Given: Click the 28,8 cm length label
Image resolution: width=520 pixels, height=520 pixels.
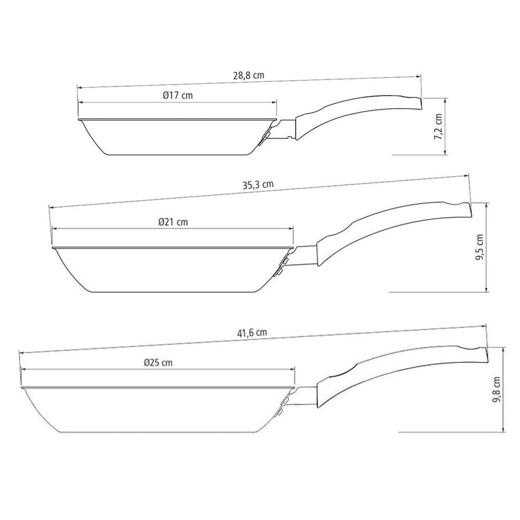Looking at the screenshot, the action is [249, 75].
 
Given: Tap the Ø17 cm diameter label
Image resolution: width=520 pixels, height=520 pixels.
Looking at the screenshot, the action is [178, 96].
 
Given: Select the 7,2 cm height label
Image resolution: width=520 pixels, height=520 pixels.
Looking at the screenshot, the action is [438, 126].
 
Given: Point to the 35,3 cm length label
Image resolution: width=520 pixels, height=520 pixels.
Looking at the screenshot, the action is [258, 185].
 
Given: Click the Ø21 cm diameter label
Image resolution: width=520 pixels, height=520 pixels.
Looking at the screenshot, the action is [173, 222].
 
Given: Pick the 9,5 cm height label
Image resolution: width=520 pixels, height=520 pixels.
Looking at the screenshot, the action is [479, 247].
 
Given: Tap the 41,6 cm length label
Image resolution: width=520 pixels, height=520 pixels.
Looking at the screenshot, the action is [252, 333].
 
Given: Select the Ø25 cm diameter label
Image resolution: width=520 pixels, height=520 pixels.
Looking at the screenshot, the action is [158, 362].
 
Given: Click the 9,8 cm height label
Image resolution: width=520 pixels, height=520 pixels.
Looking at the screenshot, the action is [496, 389].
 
